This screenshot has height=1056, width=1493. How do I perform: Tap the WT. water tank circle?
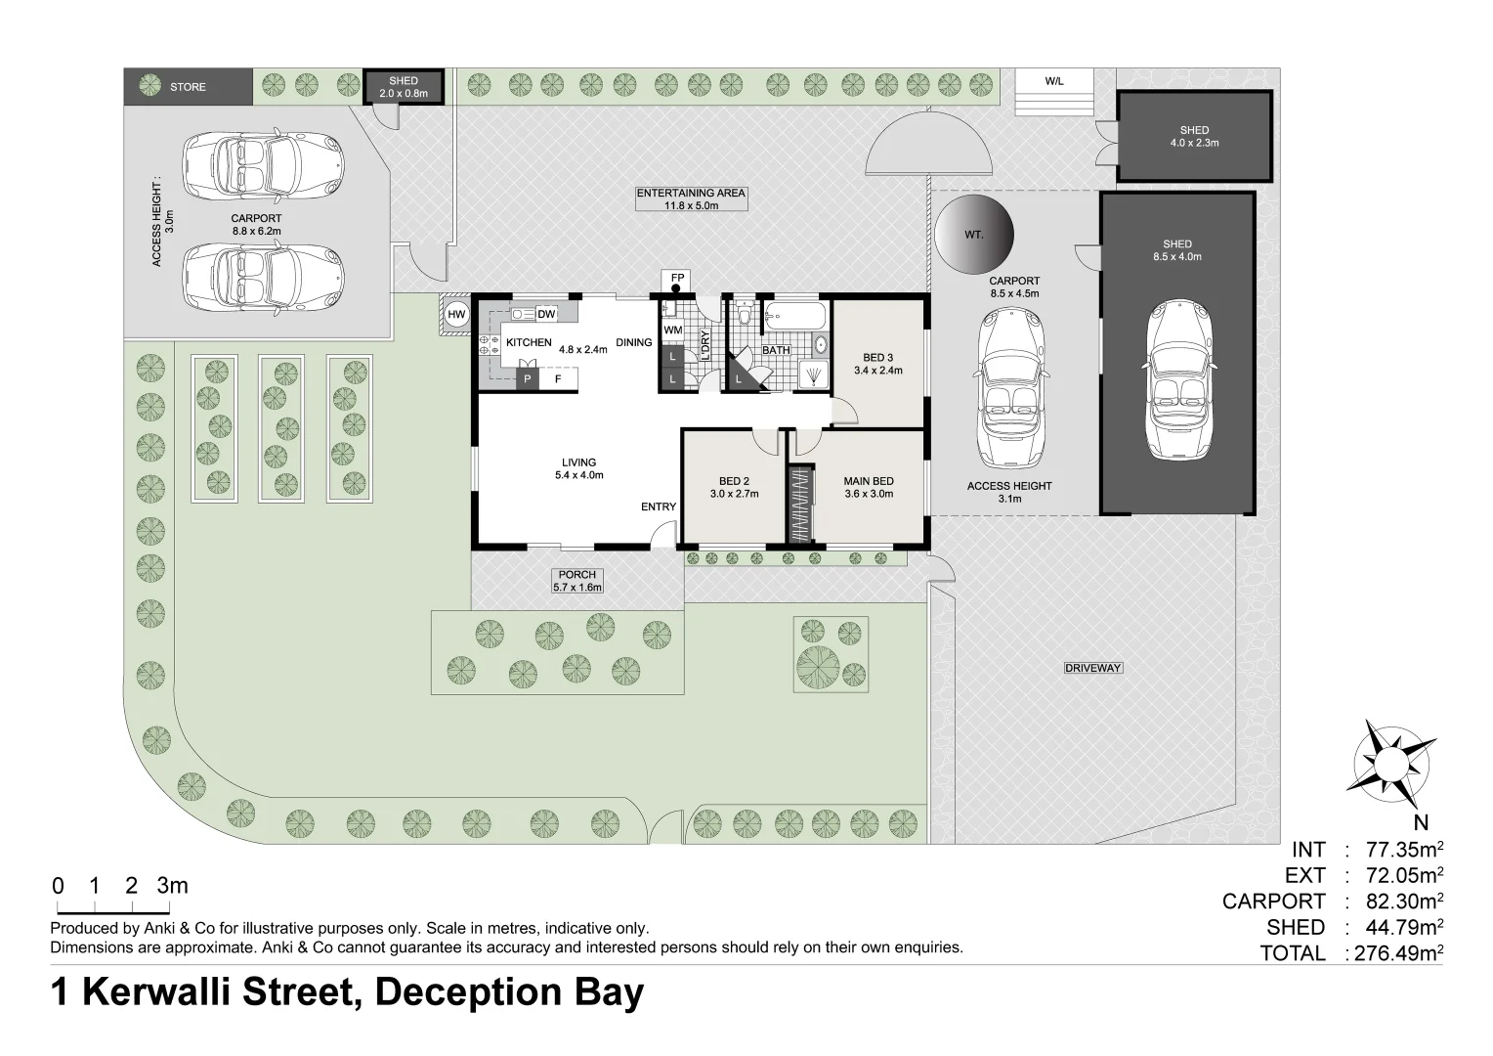(x=974, y=236)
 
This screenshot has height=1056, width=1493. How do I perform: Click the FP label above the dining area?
(x=677, y=279)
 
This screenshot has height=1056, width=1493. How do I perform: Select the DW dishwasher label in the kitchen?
(x=545, y=314)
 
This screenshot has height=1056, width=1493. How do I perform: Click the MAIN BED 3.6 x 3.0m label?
(x=869, y=487)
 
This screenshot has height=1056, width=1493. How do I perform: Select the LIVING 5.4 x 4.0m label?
(x=578, y=468)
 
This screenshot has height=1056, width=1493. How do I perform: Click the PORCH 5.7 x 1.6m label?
(x=576, y=581)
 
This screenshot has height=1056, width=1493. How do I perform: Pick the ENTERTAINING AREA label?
(x=691, y=198)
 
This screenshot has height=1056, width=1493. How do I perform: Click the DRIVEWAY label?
(x=1092, y=668)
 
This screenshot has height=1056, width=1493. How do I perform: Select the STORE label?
(x=188, y=87)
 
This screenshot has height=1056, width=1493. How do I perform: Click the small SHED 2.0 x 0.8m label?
(x=403, y=87)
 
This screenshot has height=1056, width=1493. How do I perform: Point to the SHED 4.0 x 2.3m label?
(x=1194, y=136)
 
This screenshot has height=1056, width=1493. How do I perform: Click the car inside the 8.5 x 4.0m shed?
(x=1177, y=380)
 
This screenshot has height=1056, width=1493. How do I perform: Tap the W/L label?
(x=1053, y=81)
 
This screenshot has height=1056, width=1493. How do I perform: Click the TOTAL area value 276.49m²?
(x=1396, y=953)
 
